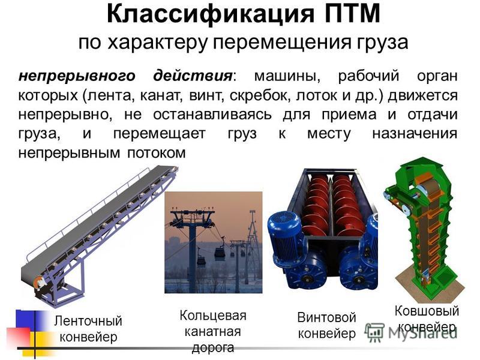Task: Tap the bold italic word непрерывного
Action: coord(77,76)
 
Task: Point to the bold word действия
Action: coord(193,76)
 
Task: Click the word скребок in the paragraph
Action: coord(260,96)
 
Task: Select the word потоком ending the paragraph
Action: coord(157,153)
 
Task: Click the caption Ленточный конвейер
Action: coord(88,329)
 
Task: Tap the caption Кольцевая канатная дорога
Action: coord(213,332)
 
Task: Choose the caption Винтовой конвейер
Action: coord(326,325)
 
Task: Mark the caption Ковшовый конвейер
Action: coord(427,319)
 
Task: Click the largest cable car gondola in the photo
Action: coord(220,253)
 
